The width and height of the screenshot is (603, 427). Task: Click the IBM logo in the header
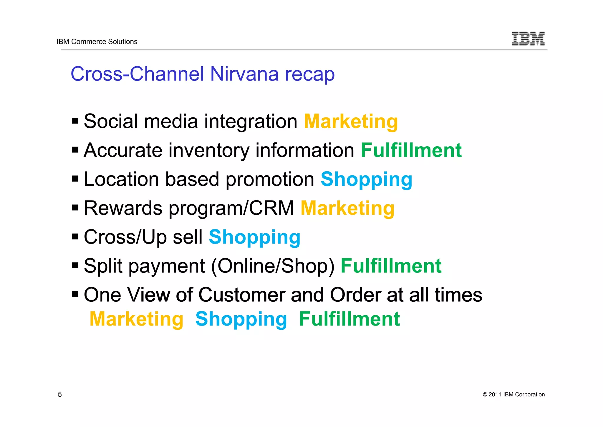(x=528, y=39)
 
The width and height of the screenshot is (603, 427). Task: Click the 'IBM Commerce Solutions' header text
(x=97, y=42)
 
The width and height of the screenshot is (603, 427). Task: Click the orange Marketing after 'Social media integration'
(x=351, y=121)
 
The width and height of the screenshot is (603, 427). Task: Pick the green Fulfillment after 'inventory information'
(x=411, y=150)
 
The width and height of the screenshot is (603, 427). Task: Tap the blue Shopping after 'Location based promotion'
(x=366, y=179)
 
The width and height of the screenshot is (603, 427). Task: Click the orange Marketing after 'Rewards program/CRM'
(x=347, y=208)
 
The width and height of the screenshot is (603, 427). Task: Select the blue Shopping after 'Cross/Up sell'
(x=254, y=237)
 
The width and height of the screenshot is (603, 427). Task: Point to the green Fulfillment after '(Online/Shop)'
(x=391, y=266)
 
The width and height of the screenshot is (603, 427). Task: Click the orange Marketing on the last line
(x=136, y=319)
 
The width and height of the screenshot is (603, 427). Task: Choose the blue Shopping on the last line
(x=241, y=319)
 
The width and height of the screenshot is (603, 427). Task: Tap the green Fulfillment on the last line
(x=349, y=319)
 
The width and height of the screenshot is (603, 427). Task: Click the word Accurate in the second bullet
(x=123, y=150)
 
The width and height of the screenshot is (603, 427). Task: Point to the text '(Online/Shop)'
(x=273, y=266)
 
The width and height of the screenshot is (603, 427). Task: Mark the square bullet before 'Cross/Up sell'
(x=75, y=237)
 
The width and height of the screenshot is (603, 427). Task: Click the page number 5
(x=60, y=395)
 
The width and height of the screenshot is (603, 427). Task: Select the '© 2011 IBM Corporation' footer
(x=513, y=395)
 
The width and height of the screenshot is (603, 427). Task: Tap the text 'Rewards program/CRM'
(x=189, y=208)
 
